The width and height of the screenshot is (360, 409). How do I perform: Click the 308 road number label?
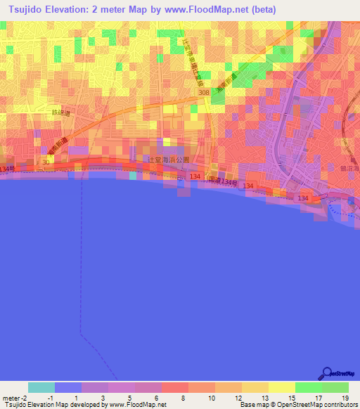[204, 92]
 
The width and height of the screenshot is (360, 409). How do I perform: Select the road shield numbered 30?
[45, 162]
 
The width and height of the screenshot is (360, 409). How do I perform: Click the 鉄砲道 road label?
[62, 112]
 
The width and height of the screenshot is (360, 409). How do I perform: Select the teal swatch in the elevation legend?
[41, 387]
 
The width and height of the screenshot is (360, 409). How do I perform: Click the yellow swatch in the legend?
[282, 387]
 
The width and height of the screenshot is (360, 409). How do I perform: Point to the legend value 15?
[292, 398]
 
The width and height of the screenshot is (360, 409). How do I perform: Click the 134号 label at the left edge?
[7, 169]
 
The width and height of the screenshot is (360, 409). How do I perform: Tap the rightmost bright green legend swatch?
[335, 387]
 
